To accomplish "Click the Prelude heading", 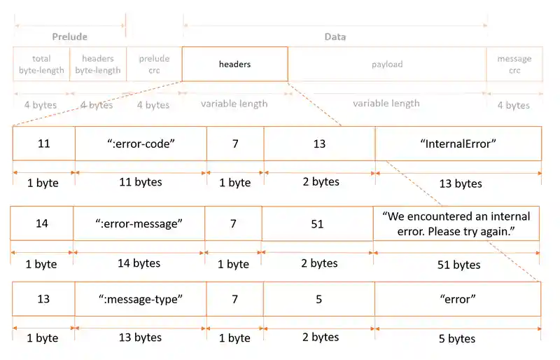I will [69, 36].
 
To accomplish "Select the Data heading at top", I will [335, 36].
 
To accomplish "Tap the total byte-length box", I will [41, 64].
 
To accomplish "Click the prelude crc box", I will [154, 64].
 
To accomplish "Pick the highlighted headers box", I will [234, 64].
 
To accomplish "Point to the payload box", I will [387, 64].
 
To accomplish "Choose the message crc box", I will [514, 64].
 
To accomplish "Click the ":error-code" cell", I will [141, 144].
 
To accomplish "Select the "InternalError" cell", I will [458, 144].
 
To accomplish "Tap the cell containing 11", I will [43, 144].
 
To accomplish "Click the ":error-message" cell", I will [139, 223].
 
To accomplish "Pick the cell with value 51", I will [317, 223].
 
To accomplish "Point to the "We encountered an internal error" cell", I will [456, 223].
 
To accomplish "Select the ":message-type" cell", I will [140, 299].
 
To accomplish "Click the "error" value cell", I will [458, 299].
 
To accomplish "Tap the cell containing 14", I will [42, 223].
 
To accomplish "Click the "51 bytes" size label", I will [457, 265].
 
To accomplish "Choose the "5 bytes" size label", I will [457, 339].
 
